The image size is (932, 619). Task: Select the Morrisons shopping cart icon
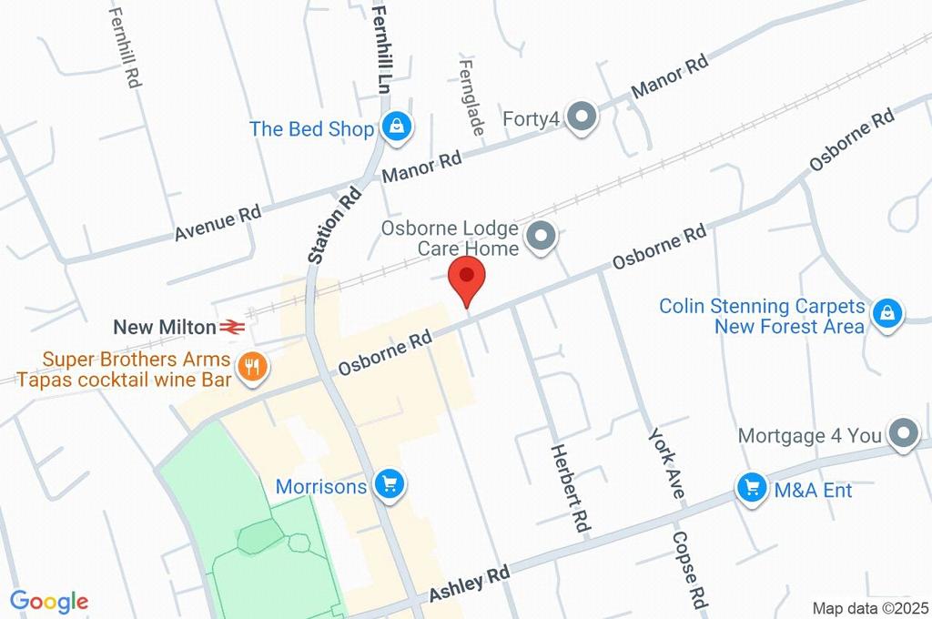click(x=390, y=485)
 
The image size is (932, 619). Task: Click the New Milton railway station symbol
click(x=231, y=326)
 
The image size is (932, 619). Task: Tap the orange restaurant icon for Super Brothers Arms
click(x=250, y=367)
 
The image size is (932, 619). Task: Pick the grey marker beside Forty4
click(x=580, y=117)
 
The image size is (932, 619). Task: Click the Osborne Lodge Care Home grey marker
click(x=542, y=237)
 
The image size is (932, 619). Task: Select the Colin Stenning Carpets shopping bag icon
click(x=885, y=313)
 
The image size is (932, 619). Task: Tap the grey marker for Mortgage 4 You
click(x=903, y=435)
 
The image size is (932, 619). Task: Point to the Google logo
click(x=49, y=601)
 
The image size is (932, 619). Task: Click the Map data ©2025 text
click(x=871, y=607)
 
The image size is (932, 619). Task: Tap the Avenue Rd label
click(x=218, y=225)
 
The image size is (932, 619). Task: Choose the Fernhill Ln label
click(x=380, y=46)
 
